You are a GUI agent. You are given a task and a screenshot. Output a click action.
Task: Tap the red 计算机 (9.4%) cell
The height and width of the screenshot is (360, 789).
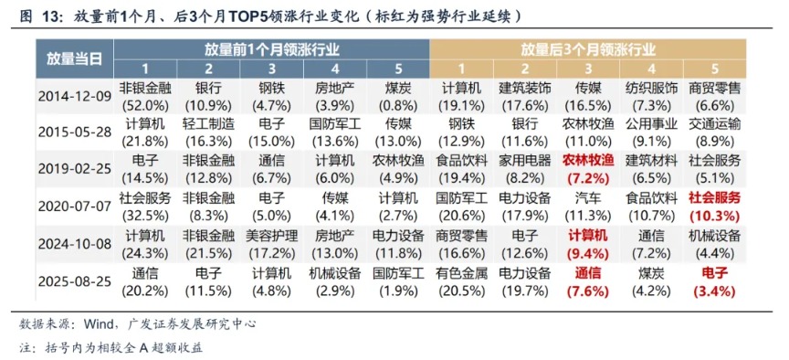click(x=587, y=242)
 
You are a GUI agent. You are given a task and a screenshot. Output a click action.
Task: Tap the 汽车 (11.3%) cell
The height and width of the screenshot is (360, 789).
click(x=587, y=205)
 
